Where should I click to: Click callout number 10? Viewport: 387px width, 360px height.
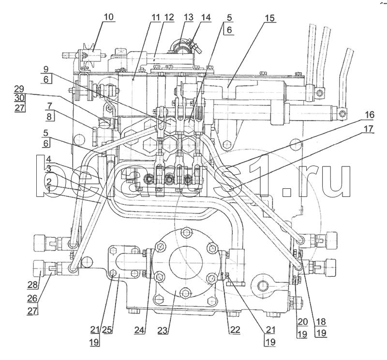pyautogui.click(x=108, y=17)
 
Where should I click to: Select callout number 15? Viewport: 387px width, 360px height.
pyautogui.click(x=269, y=18)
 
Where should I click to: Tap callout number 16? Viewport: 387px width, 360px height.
pyautogui.click(x=370, y=115)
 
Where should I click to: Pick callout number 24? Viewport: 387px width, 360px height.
pyautogui.click(x=140, y=330)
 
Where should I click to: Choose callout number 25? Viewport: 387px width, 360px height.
pyautogui.click(x=106, y=330)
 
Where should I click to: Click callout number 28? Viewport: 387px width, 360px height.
pyautogui.click(x=33, y=285)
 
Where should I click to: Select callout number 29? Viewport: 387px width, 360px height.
pyautogui.click(x=19, y=89)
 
